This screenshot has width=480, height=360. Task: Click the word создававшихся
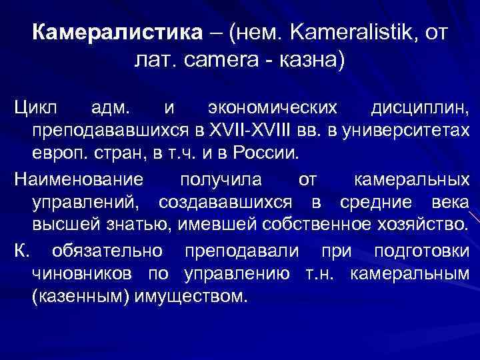227,202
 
